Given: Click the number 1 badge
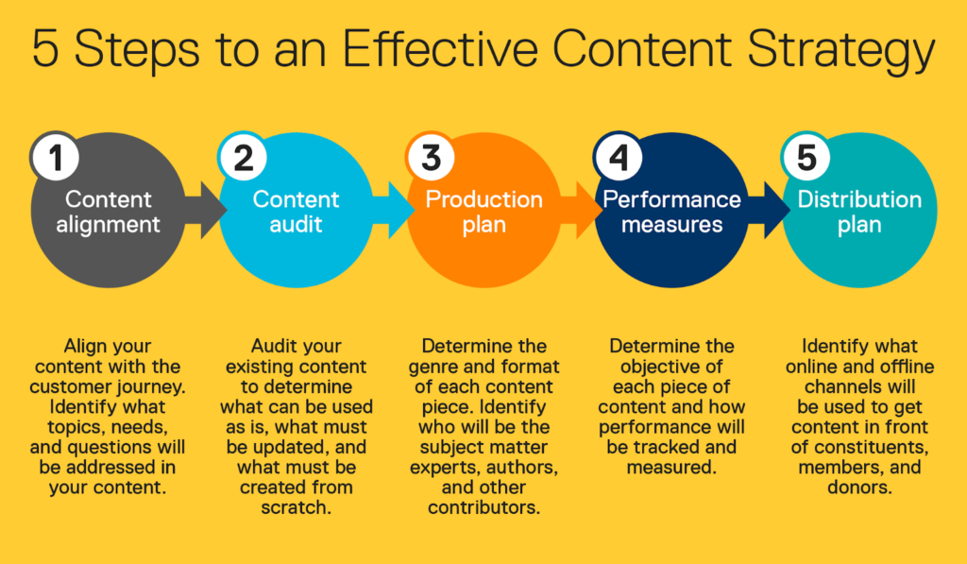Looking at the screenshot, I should pos(56,158).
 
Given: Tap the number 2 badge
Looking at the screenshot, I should pos(244,158).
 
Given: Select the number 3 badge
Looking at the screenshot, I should pos(432,158).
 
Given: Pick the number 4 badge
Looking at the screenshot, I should pos(619,158).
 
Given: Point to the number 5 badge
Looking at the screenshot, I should pos(806,158).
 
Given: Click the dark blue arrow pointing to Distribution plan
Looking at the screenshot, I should pos(771,213).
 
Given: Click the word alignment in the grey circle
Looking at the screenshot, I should pos(108,226).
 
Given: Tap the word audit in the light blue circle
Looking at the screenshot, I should pos(296,226).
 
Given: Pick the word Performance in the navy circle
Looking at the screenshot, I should pos(671,200).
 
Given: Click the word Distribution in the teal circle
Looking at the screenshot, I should pos(859,200).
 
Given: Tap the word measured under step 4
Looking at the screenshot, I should pos(671,468).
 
